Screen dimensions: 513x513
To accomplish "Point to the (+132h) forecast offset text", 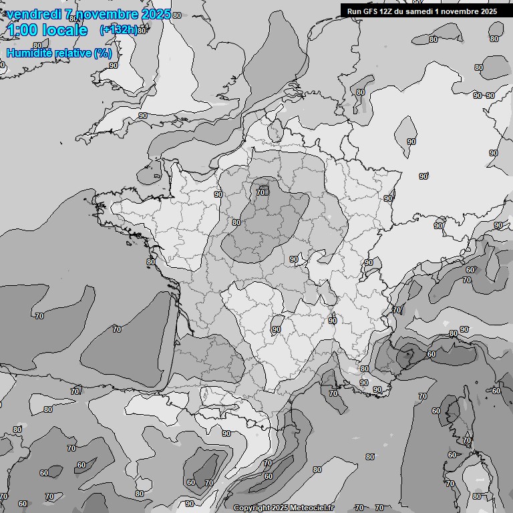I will [118, 30].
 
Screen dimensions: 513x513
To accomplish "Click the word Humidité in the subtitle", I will [27, 53].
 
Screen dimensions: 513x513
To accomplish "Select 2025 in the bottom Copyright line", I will [279, 508].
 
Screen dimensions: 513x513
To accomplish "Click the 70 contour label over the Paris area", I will [261, 193].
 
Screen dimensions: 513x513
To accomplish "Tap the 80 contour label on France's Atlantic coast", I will [151, 262].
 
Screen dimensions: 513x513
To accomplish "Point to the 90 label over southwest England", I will [143, 116].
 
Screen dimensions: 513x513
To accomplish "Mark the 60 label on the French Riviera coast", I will [432, 354].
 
